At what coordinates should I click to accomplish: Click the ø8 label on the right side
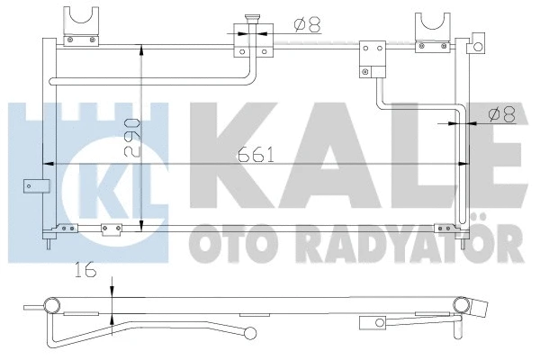coord(499,113)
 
